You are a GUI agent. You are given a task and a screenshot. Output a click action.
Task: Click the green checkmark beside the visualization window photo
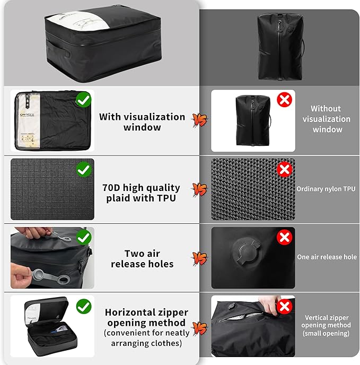click(84, 99)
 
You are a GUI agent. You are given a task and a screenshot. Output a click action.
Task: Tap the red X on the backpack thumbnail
click(284, 99)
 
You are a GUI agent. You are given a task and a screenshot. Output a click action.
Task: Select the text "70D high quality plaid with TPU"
click(141, 193)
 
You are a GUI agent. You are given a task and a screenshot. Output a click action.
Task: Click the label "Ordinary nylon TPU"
click(326, 189)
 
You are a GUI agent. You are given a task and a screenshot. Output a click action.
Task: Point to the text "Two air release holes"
click(142, 259)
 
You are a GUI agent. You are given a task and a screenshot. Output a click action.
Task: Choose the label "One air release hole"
click(327, 257)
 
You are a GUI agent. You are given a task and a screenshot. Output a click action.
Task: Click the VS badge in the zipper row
click(199, 329)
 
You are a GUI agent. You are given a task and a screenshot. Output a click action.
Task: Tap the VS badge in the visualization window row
click(199, 120)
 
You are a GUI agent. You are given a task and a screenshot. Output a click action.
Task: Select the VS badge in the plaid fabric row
click(199, 189)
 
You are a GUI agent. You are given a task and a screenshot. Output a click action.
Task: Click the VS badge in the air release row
click(199, 259)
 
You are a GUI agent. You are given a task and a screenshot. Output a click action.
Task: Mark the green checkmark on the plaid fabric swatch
click(84, 170)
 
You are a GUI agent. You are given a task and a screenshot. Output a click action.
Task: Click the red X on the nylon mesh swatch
click(284, 170)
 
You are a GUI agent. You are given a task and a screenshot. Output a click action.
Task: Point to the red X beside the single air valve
click(284, 237)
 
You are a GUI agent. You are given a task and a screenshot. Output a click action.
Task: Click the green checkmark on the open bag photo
click(84, 306)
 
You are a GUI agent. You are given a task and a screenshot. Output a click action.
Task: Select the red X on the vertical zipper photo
click(284, 306)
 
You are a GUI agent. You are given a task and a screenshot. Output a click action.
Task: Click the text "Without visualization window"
click(327, 119)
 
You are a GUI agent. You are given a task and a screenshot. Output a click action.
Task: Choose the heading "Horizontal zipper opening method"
click(146, 318)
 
